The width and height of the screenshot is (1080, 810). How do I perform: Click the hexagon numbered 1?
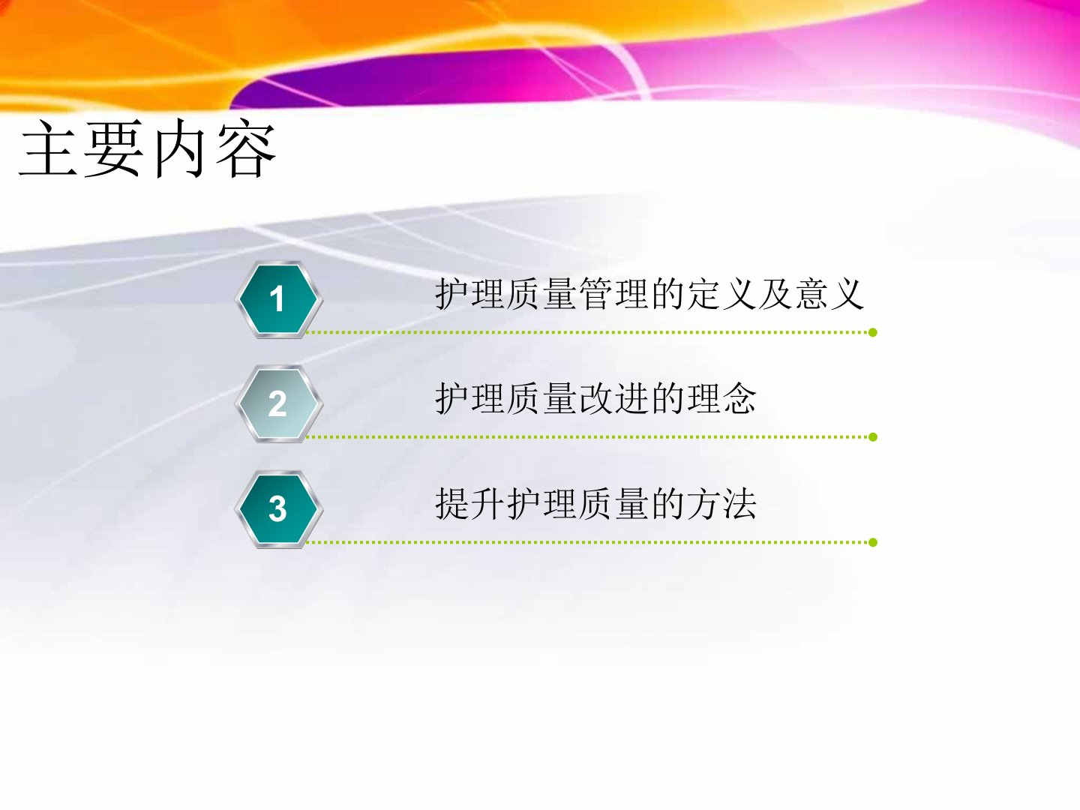click(278, 299)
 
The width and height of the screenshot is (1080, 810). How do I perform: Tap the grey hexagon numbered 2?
click(278, 403)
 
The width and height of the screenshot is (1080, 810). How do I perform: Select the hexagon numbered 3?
click(278, 509)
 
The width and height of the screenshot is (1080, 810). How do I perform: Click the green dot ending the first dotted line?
click(873, 332)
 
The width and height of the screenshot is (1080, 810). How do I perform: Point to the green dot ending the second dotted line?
click(873, 436)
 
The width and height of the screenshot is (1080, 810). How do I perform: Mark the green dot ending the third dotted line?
click(873, 542)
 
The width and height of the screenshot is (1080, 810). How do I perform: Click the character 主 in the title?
click(48, 148)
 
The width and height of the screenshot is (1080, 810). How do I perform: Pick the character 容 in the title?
click(245, 148)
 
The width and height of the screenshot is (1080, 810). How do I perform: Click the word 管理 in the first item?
click(614, 294)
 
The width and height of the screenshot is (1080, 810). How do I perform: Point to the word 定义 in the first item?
click(721, 294)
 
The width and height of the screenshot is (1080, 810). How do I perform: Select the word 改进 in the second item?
click(614, 398)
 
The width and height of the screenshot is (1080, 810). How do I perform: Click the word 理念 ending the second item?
click(721, 398)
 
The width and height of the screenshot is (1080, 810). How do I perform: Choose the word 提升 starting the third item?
click(470, 503)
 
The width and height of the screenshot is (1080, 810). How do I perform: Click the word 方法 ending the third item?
click(721, 503)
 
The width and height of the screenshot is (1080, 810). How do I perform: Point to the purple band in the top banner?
click(433, 79)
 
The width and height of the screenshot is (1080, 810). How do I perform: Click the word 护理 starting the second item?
click(470, 398)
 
